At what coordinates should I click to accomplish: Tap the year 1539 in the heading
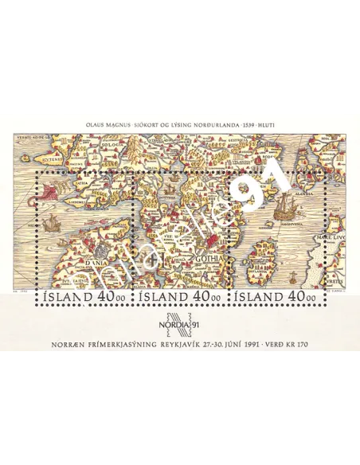coord(244,124)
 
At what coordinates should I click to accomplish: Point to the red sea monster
coord(56,189)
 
